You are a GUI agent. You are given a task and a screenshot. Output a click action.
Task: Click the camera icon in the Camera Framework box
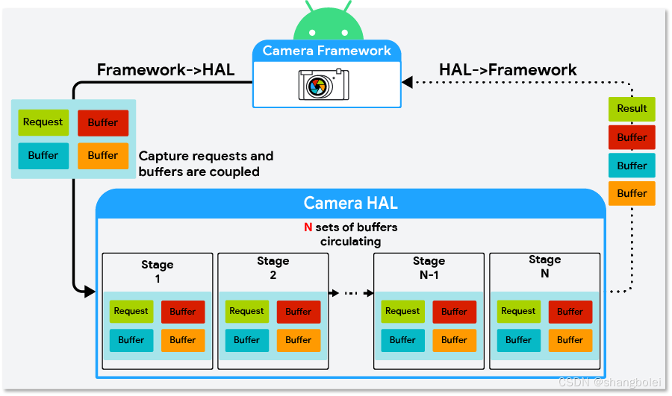324,84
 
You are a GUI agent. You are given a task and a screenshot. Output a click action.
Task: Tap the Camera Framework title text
327,51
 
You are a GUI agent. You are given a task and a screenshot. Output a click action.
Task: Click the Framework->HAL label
166,70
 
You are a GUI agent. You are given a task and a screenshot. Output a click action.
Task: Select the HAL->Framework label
508,70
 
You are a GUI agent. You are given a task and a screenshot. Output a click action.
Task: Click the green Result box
632,109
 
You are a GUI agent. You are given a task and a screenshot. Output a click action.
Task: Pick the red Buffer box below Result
632,137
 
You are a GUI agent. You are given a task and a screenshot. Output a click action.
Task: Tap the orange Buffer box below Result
632,193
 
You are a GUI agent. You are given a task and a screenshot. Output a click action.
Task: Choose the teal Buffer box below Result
632,166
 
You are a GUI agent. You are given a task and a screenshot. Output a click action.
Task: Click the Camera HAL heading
350,203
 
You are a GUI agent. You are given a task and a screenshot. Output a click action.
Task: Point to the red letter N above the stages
308,227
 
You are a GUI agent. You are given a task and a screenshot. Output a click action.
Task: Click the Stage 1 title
157,271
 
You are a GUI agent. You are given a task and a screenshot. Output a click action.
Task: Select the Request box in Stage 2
246,312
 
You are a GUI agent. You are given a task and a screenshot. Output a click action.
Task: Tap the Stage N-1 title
429,268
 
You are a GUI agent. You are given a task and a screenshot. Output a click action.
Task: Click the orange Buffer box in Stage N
570,340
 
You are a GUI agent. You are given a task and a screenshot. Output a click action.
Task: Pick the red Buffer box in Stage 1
182,312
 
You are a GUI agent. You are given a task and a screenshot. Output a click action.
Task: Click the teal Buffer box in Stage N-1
402,340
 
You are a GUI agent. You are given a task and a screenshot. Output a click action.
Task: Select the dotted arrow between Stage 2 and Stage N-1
351,293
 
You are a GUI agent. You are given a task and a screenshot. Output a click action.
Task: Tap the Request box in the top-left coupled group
43,122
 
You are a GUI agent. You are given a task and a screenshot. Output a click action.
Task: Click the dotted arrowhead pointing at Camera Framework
408,81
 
